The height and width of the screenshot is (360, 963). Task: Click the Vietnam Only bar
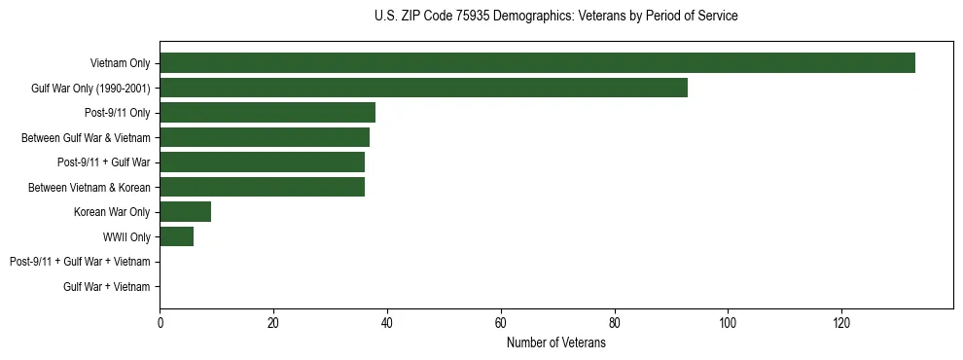click(537, 63)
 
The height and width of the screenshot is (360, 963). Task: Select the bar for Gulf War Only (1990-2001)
click(423, 88)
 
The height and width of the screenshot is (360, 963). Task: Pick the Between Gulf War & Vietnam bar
click(265, 137)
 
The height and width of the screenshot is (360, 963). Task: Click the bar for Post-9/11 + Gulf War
click(262, 162)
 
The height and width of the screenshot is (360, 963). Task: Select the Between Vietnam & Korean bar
click(262, 187)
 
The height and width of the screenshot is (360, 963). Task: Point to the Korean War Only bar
click(185, 212)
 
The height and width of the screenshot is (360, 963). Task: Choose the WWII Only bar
click(176, 236)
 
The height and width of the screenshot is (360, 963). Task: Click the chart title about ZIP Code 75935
click(555, 17)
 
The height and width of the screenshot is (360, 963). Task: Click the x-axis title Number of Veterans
click(555, 342)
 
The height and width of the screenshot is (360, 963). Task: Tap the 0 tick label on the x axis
click(160, 323)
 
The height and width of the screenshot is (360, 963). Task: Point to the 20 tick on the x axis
click(273, 323)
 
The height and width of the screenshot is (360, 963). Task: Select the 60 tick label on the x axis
click(501, 323)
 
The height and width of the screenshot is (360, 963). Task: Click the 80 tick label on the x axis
click(614, 323)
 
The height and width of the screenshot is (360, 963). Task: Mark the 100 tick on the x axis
click(728, 323)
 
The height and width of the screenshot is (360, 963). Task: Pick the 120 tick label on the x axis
click(841, 323)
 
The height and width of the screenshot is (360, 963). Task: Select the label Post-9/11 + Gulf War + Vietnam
click(80, 262)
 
